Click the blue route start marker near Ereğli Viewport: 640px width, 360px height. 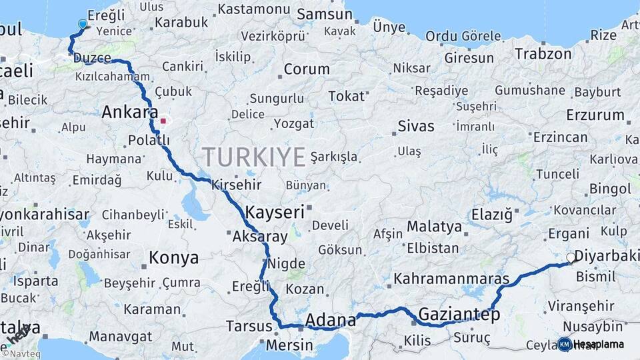coord(83,25)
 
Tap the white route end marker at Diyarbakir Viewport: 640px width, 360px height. coord(571,258)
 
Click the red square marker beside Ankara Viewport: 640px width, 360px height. coord(163,121)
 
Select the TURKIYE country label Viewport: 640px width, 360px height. coord(254,157)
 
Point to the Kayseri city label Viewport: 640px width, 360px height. coord(275,213)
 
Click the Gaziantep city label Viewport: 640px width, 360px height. coord(459,315)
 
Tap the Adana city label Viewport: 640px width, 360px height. coord(331,321)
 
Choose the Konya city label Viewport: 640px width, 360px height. coord(173,258)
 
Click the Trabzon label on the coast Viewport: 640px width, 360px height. coord(543,54)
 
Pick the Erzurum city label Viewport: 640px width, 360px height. coord(595,115)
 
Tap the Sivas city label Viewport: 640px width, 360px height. coord(416,126)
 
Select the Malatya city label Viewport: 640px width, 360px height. coord(434,227)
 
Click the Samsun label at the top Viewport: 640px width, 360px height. coord(319,13)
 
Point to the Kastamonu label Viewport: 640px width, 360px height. coord(254,9)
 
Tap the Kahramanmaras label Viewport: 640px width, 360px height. coord(451,279)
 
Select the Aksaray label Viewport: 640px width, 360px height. coord(260,236)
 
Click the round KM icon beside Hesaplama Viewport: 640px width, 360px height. coord(565,344)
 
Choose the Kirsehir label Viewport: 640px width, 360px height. coord(236,185)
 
